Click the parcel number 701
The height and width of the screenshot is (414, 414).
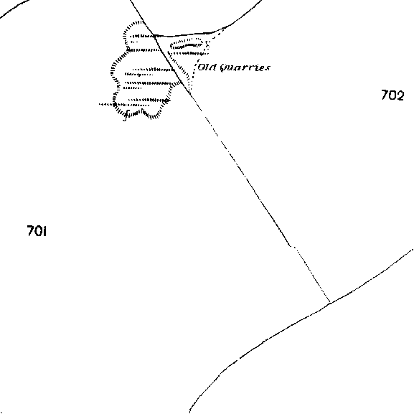[x=37, y=231]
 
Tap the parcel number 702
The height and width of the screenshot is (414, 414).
[x=392, y=95]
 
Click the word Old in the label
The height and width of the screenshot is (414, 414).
[x=207, y=67]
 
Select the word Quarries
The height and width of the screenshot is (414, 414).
[x=245, y=67]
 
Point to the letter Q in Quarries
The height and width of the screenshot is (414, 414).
[x=224, y=68]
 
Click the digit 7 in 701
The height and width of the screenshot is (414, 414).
[x=30, y=231]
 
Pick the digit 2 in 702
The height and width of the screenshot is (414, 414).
[x=400, y=95]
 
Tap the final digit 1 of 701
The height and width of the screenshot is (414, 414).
[x=44, y=231]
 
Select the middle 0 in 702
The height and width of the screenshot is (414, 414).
[x=392, y=95]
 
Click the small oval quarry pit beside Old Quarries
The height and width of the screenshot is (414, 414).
[x=187, y=44]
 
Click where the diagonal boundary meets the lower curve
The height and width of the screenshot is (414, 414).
[x=330, y=303]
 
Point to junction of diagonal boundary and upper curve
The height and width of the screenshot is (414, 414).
[x=154, y=35]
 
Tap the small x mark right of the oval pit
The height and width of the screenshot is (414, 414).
[x=207, y=44]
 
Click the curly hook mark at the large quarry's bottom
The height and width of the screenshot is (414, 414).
[x=126, y=115]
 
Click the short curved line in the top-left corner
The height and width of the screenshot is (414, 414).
[x=13, y=9]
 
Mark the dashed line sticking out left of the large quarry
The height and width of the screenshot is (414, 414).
[x=106, y=105]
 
